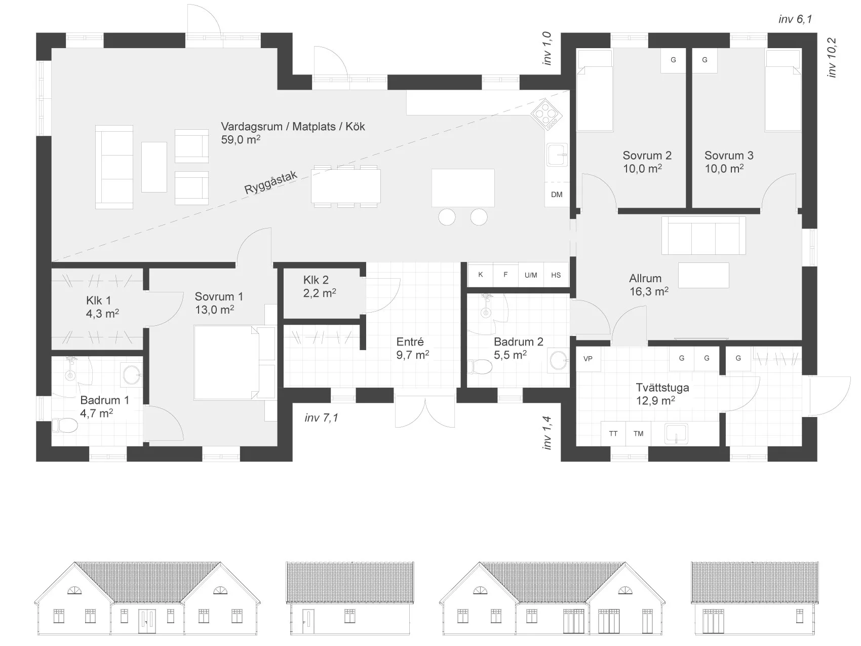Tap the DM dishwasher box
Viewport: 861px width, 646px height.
point(557,195)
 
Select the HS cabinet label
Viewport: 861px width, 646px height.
point(556,275)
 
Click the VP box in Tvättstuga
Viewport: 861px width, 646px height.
point(588,359)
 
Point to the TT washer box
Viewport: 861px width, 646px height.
point(613,434)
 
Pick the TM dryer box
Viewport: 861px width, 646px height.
point(639,434)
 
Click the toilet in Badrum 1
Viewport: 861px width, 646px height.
point(65,425)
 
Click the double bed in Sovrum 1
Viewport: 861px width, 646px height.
point(234,363)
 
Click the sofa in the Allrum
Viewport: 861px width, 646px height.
point(703,236)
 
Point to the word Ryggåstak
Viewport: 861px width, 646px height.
point(271,182)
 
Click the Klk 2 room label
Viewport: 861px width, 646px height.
point(316,280)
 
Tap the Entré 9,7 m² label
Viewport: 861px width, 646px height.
point(412,349)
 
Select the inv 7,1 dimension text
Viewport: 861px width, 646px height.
point(322,418)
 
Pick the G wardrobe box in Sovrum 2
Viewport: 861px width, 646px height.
point(674,60)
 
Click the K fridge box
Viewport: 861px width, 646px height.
point(481,275)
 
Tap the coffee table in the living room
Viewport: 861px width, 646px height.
point(154,167)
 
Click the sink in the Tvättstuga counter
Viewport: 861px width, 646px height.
point(676,434)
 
